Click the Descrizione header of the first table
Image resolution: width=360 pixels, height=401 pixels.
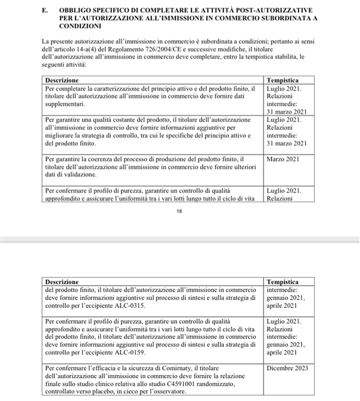(x=62, y=81)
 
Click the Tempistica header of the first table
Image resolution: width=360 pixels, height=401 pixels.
(x=283, y=81)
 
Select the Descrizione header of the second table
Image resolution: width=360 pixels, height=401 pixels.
(x=62, y=282)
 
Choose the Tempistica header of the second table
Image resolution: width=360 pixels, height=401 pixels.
(x=283, y=282)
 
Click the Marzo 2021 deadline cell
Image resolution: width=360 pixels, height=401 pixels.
(x=283, y=159)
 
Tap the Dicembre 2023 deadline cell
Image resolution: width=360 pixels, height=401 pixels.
(x=287, y=369)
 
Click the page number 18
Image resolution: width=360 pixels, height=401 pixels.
(x=179, y=212)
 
